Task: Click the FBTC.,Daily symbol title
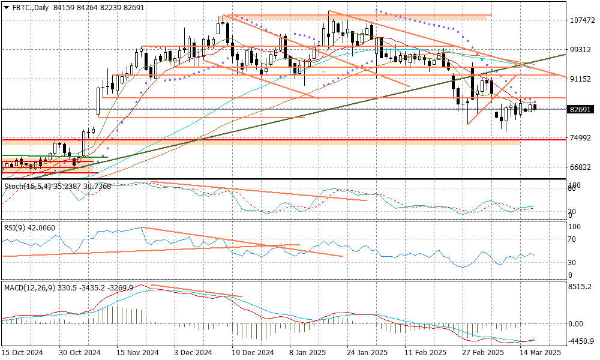click(x=29, y=7)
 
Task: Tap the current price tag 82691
click(x=581, y=110)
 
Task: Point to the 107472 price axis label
click(x=581, y=20)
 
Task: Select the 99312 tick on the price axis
click(x=581, y=49)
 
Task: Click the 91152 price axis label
click(x=581, y=79)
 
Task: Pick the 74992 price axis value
click(x=581, y=138)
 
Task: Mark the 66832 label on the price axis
click(x=581, y=167)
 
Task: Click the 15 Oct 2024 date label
click(x=23, y=353)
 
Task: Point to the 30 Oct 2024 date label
click(x=80, y=353)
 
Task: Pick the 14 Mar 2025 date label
click(x=541, y=353)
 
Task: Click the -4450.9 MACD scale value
click(x=581, y=341)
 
